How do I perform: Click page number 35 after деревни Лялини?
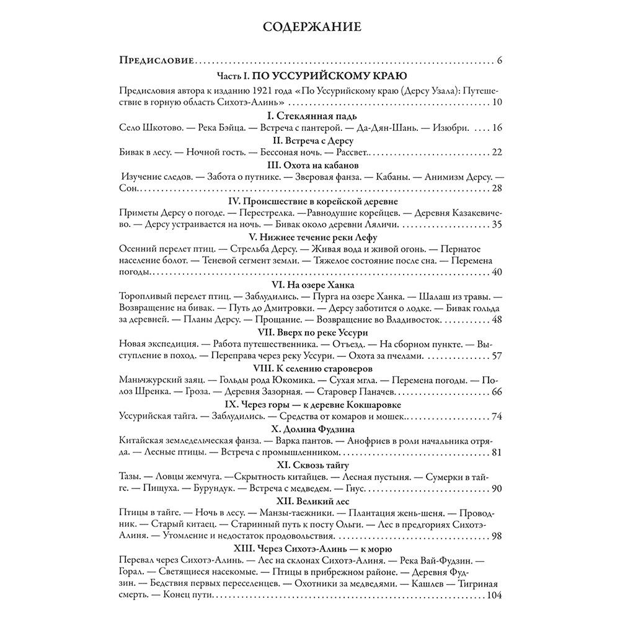coord(495,224)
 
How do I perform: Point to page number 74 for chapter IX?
coord(495,416)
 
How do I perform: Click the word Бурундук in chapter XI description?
coord(201,489)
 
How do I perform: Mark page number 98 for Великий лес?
coord(495,536)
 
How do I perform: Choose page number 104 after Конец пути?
coord(494,596)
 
